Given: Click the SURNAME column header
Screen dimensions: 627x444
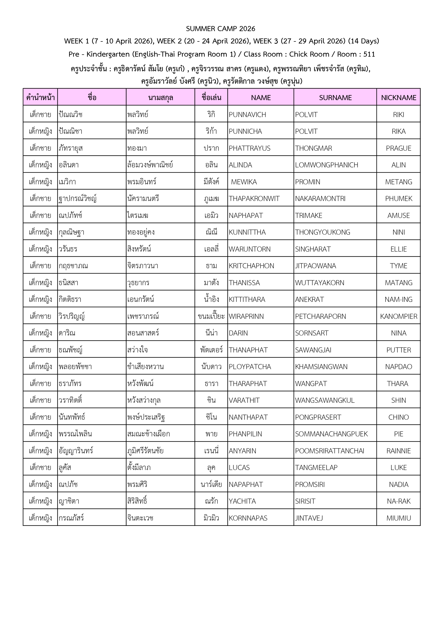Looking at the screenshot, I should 335,98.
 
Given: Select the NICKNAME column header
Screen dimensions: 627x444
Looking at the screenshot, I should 398,98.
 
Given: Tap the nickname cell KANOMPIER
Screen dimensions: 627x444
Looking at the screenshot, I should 398,316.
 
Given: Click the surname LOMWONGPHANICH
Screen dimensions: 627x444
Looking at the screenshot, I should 327,165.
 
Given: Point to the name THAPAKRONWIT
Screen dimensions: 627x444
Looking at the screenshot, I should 254,198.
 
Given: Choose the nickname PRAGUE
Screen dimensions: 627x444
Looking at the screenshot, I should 398,148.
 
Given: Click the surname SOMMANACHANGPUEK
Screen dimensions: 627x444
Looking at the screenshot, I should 331,434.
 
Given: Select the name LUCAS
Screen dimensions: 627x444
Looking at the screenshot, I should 239,467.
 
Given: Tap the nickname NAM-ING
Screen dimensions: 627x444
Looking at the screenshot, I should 398,300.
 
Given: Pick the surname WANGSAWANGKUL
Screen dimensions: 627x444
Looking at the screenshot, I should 325,400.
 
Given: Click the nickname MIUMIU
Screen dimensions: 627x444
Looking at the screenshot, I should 398,518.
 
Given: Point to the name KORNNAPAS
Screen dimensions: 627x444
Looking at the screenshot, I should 248,518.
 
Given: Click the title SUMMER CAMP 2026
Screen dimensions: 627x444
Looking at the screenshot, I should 220,29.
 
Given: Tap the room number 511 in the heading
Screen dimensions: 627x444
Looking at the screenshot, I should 369,54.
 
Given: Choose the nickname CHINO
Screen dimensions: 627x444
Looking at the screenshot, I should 398,417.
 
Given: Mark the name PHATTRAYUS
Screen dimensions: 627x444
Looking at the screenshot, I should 249,148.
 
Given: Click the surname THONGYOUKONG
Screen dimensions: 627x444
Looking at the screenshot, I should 322,232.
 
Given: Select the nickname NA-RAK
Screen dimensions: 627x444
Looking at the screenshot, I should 398,501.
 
